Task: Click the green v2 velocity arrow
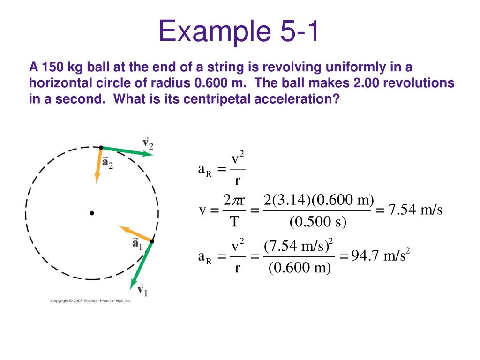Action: coord(127,150)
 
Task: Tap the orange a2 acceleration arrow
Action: coord(98,164)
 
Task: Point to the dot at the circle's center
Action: coord(92,213)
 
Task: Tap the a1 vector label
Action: coord(137,244)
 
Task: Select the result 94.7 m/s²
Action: coord(378,256)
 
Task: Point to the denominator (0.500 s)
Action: coord(318,222)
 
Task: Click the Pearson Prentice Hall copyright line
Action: coord(91,300)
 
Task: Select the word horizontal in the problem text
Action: coord(60,83)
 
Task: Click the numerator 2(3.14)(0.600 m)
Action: coord(318,200)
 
